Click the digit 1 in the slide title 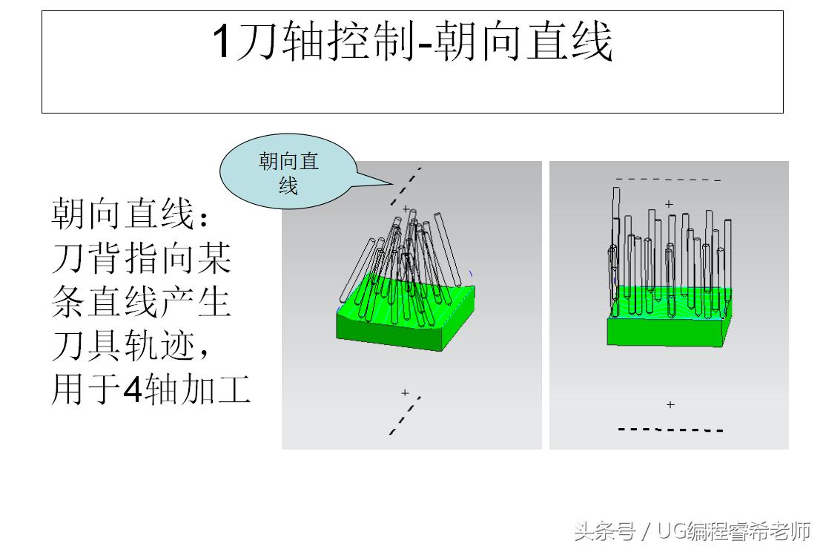pos(222,42)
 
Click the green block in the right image pos(667,330)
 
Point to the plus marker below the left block pos(405,392)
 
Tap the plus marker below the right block pos(670,404)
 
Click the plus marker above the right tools pos(669,203)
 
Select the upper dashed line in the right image pos(667,179)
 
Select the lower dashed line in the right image pos(670,430)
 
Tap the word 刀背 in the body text pos(96,258)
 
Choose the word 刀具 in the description pos(96,345)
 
